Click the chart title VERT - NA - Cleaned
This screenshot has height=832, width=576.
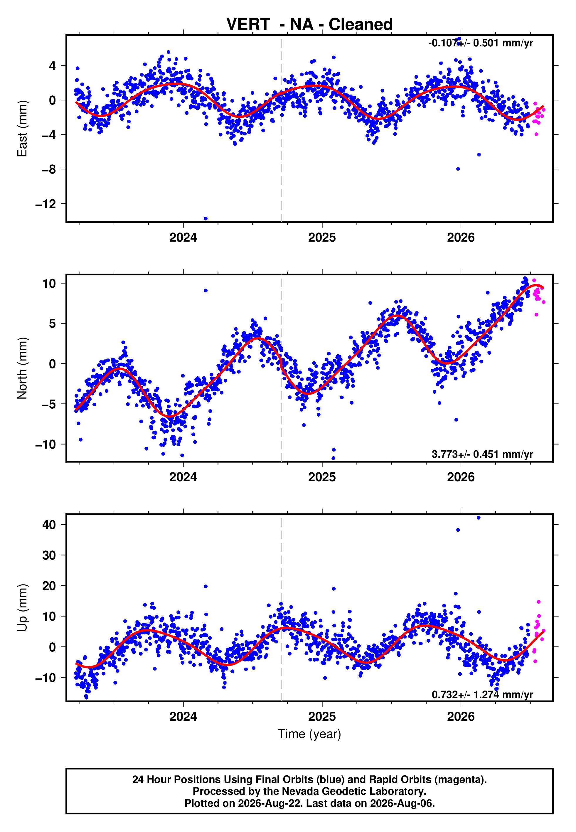[309, 25]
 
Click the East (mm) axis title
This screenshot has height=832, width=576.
[22, 129]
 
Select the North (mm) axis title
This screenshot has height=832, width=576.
[22, 368]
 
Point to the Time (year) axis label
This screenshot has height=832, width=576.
[309, 734]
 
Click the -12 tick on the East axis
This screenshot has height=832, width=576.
[46, 204]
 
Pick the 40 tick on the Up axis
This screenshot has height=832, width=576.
[49, 525]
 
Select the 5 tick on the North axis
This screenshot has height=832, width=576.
[53, 324]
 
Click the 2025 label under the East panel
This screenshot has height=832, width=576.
[322, 238]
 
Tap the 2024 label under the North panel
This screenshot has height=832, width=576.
[183, 477]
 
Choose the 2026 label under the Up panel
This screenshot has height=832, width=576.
[461, 717]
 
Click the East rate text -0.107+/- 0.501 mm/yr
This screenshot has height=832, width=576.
[480, 43]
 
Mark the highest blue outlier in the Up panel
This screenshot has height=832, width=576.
[479, 518]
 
